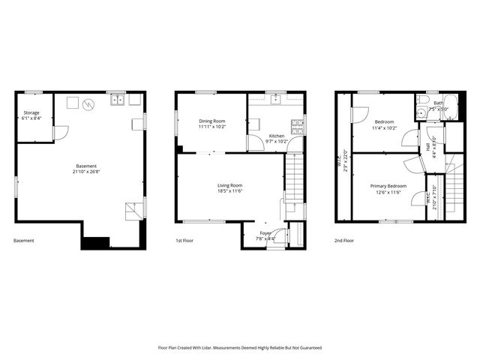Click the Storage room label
[x=31, y=112]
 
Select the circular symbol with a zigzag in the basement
[x=89, y=104]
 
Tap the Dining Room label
[x=211, y=121]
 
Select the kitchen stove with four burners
[x=298, y=126]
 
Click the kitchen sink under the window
[x=275, y=98]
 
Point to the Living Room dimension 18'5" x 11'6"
[x=229, y=191]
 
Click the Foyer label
[x=265, y=233]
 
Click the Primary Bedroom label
[x=388, y=186]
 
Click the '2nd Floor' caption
[x=345, y=241]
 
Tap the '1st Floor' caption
[x=185, y=241]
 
